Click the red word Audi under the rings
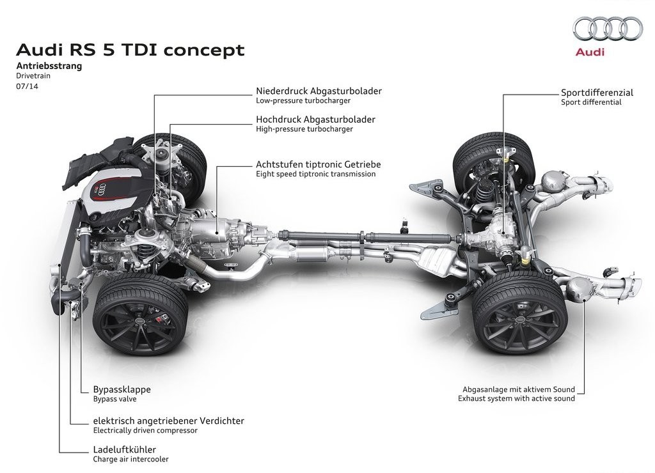590,52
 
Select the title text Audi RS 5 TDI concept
130,50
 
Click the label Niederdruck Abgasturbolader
319,91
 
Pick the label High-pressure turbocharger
304,129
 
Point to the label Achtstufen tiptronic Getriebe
319,164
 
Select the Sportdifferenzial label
597,92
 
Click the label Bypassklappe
122,389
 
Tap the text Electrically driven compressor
145,430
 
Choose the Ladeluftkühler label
125,449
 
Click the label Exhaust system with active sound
516,398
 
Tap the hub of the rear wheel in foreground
520,320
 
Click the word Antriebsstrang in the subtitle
49,66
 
